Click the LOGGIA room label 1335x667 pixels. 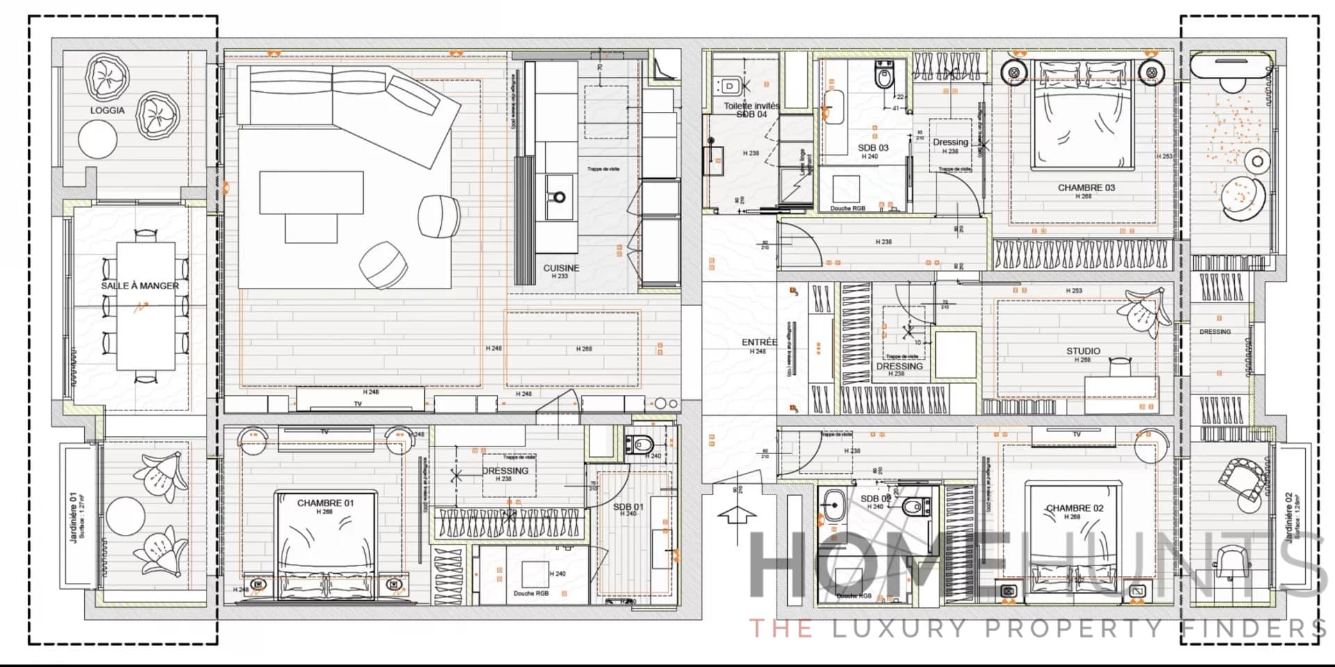107,111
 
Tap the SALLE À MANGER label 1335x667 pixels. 140,286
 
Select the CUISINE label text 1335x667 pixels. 561,268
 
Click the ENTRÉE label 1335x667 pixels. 759,342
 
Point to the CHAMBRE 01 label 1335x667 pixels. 325,503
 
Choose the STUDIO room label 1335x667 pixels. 1083,351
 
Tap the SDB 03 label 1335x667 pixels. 873,148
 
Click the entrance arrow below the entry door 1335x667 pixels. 736,515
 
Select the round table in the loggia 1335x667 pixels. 98,139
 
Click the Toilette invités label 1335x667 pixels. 752,106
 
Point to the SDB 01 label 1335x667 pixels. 628,507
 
